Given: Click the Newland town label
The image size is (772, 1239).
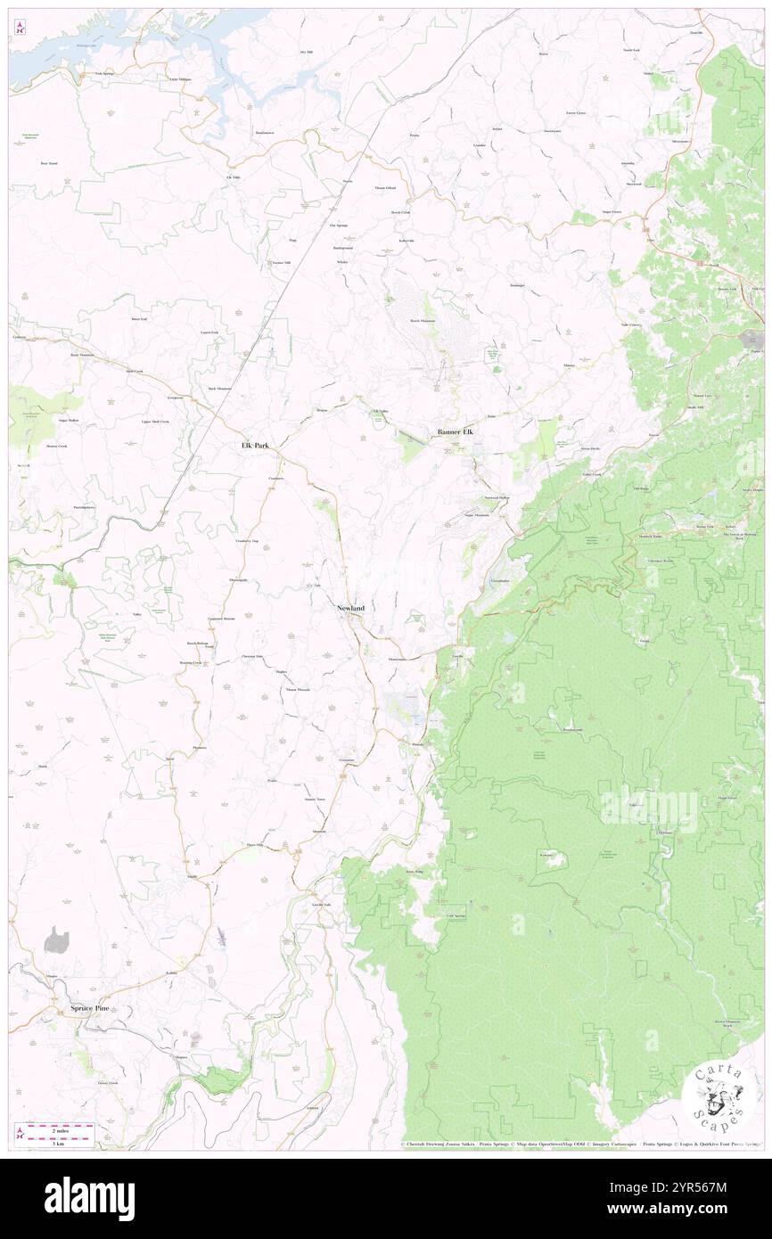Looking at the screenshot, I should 350,608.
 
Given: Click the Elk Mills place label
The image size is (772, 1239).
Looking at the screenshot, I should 234,177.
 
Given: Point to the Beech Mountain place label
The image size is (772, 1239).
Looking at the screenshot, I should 423,321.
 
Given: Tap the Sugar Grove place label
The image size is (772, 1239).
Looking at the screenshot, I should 612,212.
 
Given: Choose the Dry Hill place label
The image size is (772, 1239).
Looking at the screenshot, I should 308,53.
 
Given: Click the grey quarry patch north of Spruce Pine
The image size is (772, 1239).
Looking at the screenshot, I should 57,939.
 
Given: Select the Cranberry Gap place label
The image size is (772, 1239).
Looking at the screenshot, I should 247,541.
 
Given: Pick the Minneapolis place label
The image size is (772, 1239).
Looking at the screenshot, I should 239,580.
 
